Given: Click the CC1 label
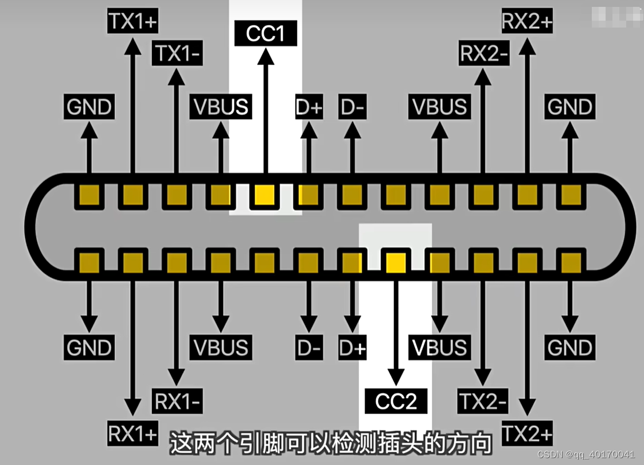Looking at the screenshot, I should pyautogui.click(x=266, y=34).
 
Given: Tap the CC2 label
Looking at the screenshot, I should pyautogui.click(x=396, y=401).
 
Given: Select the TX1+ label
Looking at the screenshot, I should pyautogui.click(x=132, y=22).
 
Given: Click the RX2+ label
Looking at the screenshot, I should pyautogui.click(x=527, y=22).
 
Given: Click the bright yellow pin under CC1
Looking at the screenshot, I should pyautogui.click(x=265, y=196).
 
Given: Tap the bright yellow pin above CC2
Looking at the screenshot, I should pyautogui.click(x=396, y=262).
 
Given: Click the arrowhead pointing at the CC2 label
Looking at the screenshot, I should pyautogui.click(x=396, y=377).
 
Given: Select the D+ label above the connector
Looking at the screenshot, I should pyautogui.click(x=309, y=107).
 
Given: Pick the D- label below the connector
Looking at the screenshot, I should pyautogui.click(x=309, y=348).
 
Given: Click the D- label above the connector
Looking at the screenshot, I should pyautogui.click(x=352, y=107).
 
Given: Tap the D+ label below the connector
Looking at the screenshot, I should pyautogui.click(x=352, y=348).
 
